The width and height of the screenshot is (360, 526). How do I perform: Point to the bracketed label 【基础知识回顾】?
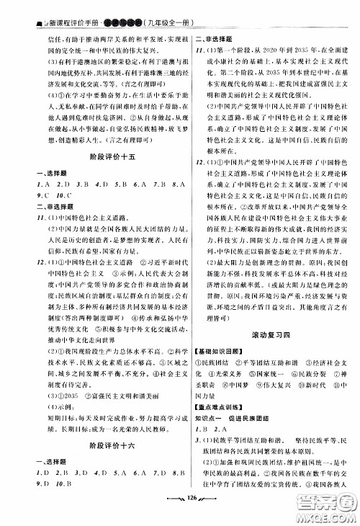coord(217,348)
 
